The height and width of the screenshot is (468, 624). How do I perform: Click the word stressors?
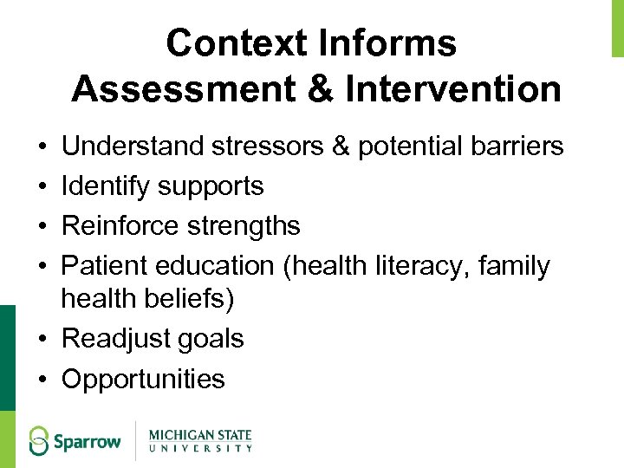pos(282,146)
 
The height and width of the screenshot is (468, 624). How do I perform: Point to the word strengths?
pos(243,225)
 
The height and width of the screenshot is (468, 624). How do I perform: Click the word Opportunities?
pos(143,379)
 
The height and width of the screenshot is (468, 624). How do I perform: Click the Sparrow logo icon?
pos(40,439)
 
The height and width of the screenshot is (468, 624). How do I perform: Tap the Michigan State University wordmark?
pos(200,439)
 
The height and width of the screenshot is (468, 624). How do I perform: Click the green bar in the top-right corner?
pos(617,28)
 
